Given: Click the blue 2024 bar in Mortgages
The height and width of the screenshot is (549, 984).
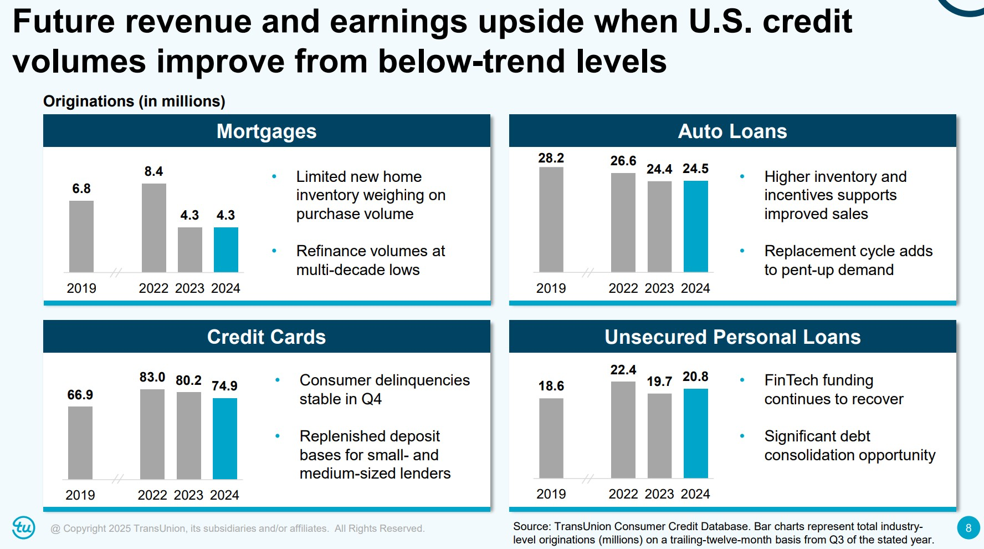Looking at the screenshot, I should pos(226,250).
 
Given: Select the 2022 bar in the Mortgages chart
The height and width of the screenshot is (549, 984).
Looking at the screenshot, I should pos(153,227).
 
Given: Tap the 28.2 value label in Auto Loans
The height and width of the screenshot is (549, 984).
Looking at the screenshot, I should pos(551,158).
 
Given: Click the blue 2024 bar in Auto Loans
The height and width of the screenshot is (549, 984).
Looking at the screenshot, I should pos(695,226).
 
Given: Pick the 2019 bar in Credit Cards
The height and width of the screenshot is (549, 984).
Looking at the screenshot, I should pos(80,443).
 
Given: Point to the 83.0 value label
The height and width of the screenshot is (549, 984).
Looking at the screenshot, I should pos(152,377).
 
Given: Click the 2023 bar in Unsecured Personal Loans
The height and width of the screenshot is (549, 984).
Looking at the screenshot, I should pos(659,435).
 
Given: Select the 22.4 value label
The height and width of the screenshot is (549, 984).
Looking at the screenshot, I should pos(623,370).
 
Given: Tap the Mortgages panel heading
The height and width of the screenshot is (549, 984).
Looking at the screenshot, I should pos(266,131).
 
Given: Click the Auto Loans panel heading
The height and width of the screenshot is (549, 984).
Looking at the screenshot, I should pos(732,131).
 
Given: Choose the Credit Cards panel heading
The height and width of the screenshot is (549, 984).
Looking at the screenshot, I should pos(266,337).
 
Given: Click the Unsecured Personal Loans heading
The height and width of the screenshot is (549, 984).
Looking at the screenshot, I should pos(732,337).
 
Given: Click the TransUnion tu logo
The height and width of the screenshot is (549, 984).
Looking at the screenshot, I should pos(24,527).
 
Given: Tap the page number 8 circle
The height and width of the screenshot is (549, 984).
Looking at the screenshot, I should pos(968,528).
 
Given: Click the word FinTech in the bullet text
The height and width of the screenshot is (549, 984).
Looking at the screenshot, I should pos(791,380).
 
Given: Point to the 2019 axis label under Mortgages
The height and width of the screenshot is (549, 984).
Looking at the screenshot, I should pos(81,288).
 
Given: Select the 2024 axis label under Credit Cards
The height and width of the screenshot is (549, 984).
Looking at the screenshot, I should pos(224,495).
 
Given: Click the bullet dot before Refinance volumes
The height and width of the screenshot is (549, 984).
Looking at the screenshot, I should pos(274,251).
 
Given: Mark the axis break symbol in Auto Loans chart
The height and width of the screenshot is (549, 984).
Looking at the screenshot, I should pos(588,272).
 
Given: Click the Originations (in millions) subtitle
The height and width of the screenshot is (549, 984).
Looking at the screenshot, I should pos(134,101).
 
